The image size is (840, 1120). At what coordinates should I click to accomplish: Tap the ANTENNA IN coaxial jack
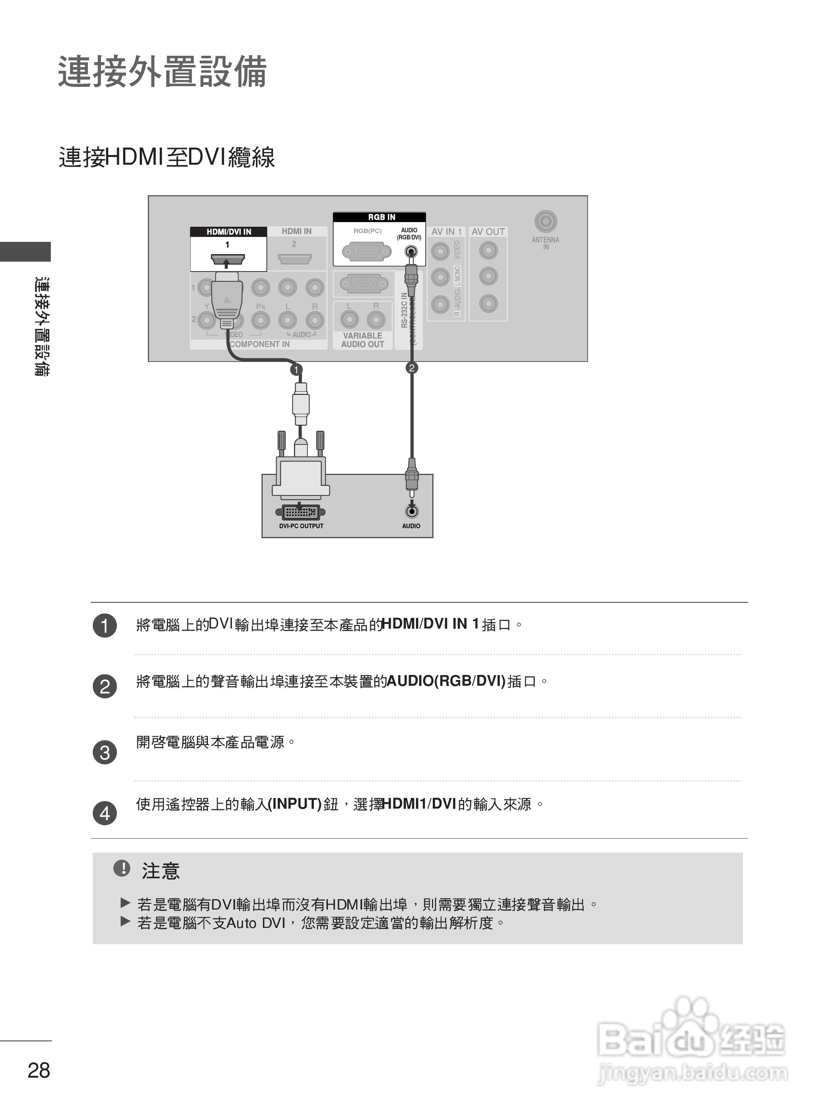[546, 221]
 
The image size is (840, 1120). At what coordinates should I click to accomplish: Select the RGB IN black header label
[382, 217]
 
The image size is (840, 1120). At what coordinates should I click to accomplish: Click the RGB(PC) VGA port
[367, 251]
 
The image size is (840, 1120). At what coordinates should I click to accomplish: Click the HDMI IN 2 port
[294, 259]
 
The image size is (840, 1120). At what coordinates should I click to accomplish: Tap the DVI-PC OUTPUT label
[301, 526]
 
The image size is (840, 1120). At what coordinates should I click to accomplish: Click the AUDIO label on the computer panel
[411, 526]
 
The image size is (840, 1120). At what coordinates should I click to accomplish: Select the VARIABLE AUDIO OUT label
[362, 340]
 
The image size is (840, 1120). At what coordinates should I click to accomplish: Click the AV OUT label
[488, 231]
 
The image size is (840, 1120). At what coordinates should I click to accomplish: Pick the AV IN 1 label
[446, 231]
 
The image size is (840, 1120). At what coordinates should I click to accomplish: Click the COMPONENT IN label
[260, 344]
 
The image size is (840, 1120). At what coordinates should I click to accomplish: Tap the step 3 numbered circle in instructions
[105, 752]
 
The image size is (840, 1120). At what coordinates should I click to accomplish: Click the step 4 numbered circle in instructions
[105, 814]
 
